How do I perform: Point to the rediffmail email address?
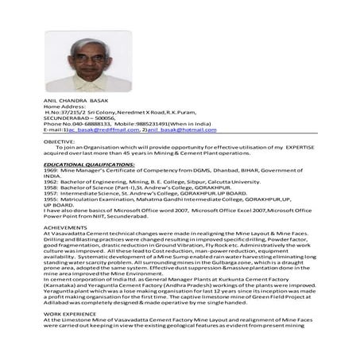pos(91,129)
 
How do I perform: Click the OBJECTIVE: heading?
pos(59,141)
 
